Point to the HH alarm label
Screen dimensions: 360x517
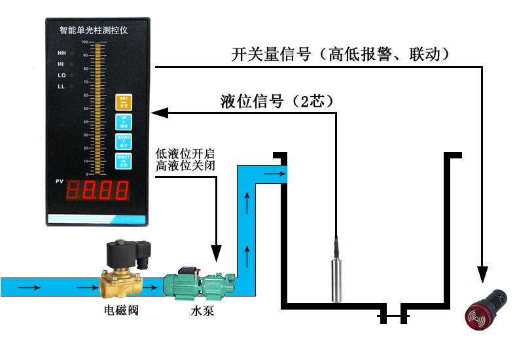pyautogui.click(x=62, y=52)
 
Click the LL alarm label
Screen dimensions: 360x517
pyautogui.click(x=62, y=86)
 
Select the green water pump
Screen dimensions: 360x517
pyautogui.click(x=200, y=284)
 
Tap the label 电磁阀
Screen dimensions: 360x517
pyautogui.click(x=122, y=310)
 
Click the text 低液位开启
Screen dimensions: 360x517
pyautogui.click(x=180, y=153)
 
